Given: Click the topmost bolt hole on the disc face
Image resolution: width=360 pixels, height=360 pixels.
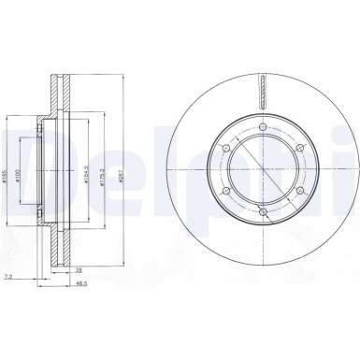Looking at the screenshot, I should [265, 128].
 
